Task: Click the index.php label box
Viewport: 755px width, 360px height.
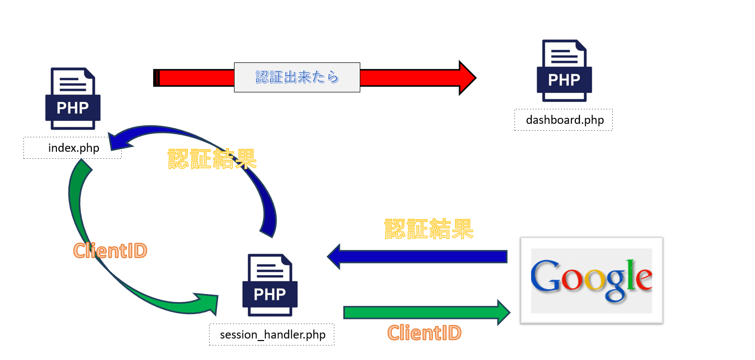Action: (73, 148)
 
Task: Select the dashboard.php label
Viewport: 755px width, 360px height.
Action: (563, 120)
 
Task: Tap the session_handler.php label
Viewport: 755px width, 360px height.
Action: (272, 335)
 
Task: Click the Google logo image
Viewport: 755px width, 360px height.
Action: (591, 281)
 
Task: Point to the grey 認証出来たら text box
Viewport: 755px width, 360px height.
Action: (297, 77)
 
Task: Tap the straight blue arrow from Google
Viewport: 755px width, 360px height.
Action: (419, 257)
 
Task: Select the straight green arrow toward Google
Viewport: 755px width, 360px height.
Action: (424, 313)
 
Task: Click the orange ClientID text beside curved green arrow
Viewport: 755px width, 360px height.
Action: (110, 251)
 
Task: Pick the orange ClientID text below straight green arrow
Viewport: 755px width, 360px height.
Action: (425, 333)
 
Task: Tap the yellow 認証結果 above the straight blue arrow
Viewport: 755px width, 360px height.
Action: (429, 229)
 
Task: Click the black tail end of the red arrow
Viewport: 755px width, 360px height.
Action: (157, 78)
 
